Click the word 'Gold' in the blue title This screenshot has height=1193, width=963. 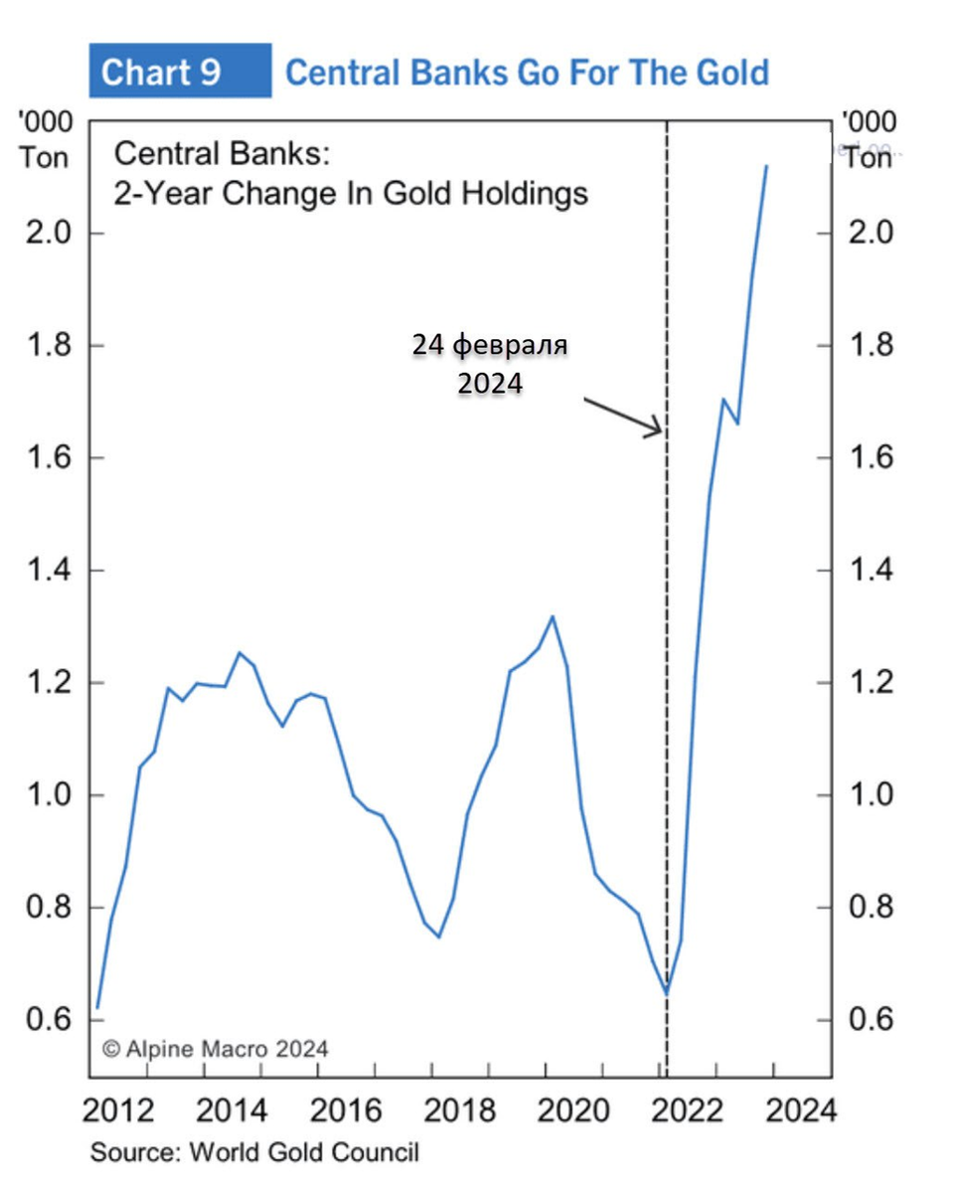point(726,72)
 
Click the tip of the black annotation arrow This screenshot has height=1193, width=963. point(661,432)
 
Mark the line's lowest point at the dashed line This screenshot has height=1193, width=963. point(667,992)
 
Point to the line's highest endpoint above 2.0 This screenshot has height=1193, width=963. point(766,166)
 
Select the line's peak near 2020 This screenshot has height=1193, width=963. point(553,616)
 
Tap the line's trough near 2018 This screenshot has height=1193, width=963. point(438,937)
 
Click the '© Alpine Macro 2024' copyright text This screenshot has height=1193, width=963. point(215,1048)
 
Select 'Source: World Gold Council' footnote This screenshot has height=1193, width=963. point(254,1153)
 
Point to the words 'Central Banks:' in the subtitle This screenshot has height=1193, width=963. point(222,154)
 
